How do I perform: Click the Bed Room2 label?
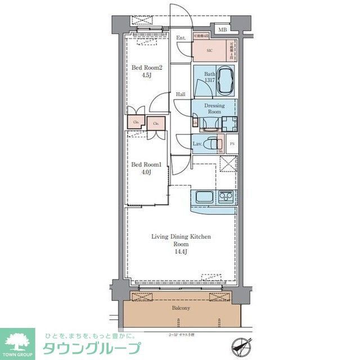point(143,67)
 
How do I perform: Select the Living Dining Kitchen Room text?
point(181,241)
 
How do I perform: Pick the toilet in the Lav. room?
point(212,143)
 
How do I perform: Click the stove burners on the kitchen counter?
point(227,197)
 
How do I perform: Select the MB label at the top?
point(222,29)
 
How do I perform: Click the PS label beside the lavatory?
point(232,144)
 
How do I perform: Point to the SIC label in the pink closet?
point(209,50)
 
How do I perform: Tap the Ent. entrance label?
point(181,38)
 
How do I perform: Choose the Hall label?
point(181,94)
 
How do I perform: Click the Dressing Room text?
point(214,109)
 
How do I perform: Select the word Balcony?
point(181,308)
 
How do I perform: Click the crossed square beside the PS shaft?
point(228,165)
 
